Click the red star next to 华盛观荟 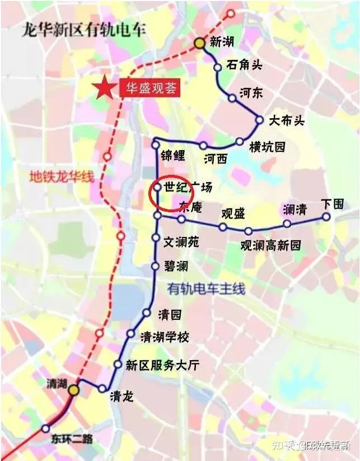click(x=102, y=89)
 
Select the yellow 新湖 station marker click(x=199, y=43)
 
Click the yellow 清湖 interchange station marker click(x=73, y=390)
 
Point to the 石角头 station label click(x=244, y=64)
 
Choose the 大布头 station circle click(x=259, y=119)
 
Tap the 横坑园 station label click(x=267, y=147)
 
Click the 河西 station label click(x=216, y=159)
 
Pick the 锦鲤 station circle click(x=156, y=145)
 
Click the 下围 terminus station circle click(x=326, y=217)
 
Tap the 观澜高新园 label click(x=270, y=245)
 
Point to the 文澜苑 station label click(x=181, y=242)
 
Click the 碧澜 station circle click(x=155, y=266)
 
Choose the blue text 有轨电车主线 click(x=206, y=289)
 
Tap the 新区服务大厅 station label click(x=162, y=365)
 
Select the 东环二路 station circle click(x=46, y=429)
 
